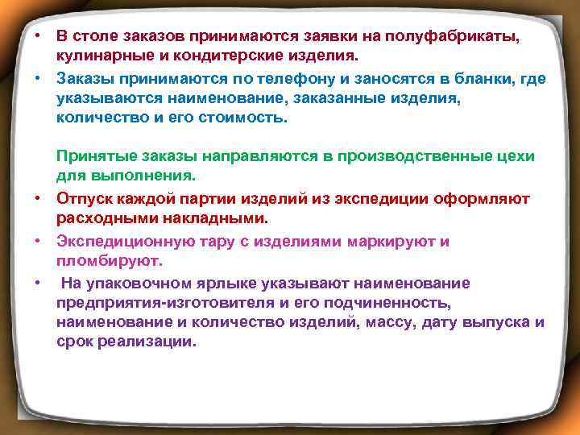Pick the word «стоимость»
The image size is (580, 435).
tap(241, 118)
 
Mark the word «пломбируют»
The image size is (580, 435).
tap(110, 261)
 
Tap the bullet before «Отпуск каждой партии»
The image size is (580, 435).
tap(37, 197)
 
